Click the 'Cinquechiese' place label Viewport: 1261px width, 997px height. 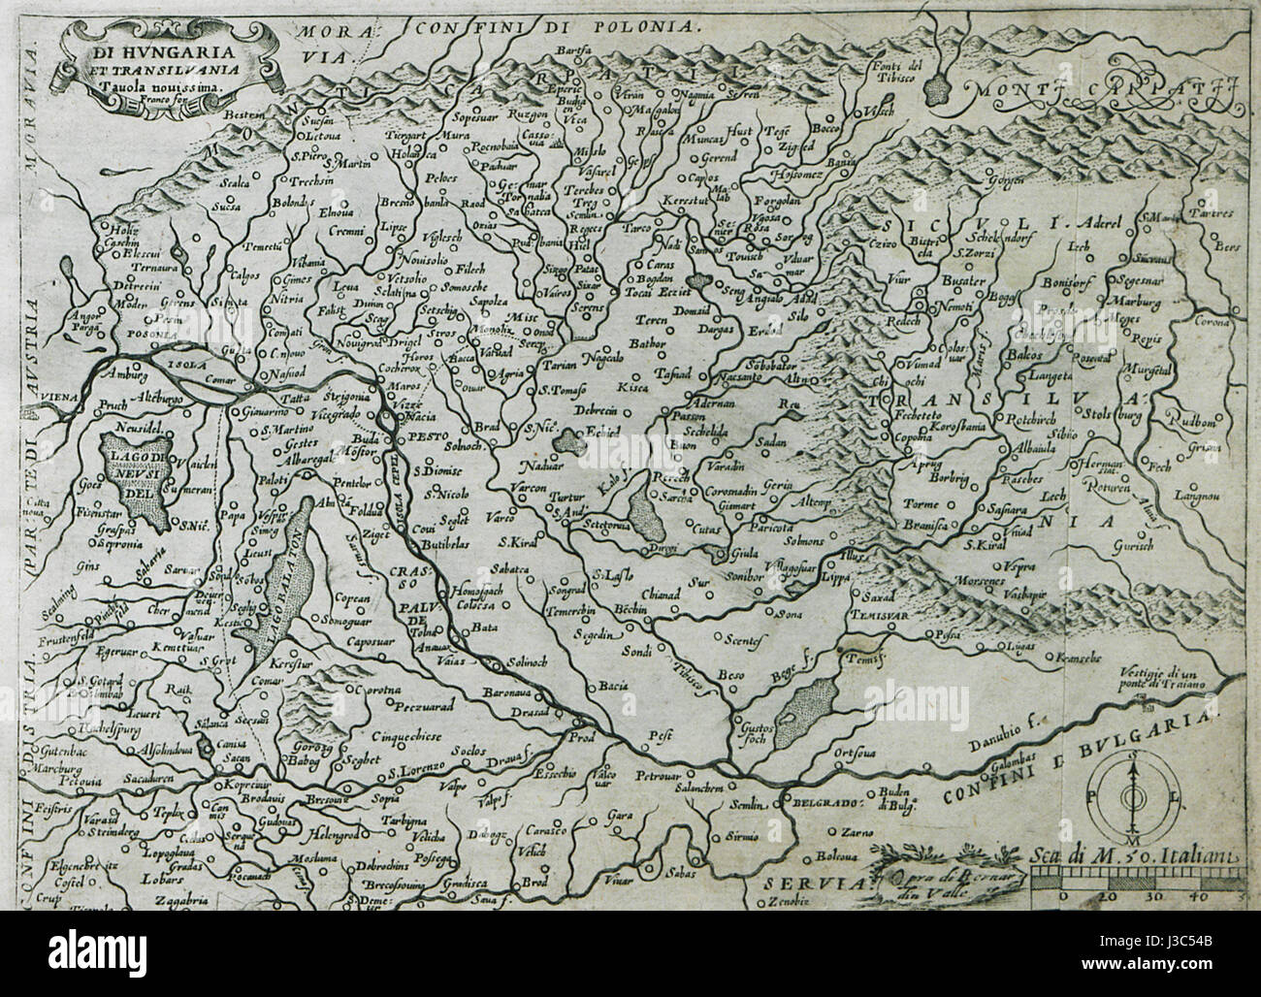pyautogui.click(x=394, y=737)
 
